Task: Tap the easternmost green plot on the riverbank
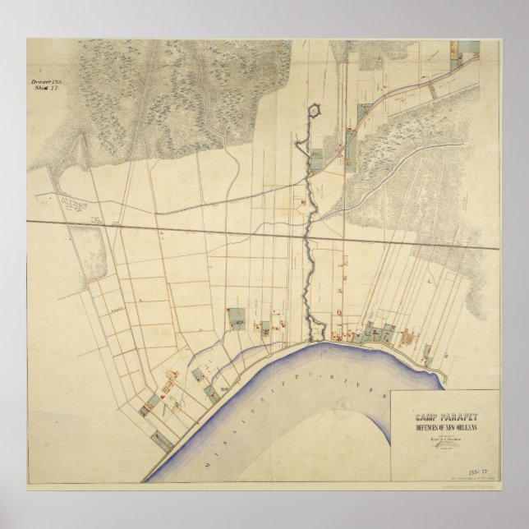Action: coord(429,355)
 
